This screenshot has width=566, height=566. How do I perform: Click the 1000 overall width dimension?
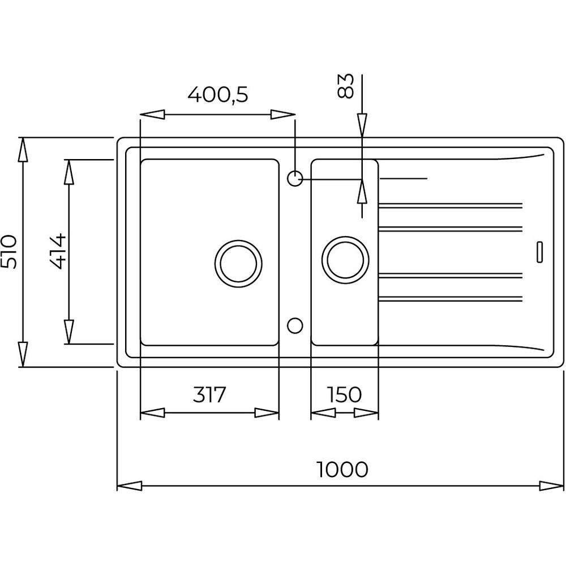coord(342,469)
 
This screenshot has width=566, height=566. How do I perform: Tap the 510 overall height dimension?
coord(8,252)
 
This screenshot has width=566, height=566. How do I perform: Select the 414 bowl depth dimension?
coord(58,252)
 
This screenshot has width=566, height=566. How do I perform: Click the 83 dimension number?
coord(345,86)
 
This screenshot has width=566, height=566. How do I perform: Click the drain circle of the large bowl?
coord(238,264)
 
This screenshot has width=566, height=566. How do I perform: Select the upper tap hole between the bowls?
coord(295,178)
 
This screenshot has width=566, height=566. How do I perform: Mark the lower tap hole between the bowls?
coord(295,325)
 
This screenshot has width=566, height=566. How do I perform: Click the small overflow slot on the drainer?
coord(539,251)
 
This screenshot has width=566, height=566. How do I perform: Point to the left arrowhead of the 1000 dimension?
coord(129,486)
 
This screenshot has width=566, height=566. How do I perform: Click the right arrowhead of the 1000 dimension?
coord(551,486)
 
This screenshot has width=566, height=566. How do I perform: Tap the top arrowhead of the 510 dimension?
coord(23,149)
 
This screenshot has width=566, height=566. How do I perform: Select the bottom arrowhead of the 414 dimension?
coord(69,332)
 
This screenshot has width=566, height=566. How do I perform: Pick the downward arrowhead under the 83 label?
coord(362,126)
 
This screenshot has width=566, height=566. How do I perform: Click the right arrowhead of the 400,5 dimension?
coord(283,115)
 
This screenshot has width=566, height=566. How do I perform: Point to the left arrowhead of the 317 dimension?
coord(152,413)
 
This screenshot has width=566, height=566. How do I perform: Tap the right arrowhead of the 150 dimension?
coord(366,413)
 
